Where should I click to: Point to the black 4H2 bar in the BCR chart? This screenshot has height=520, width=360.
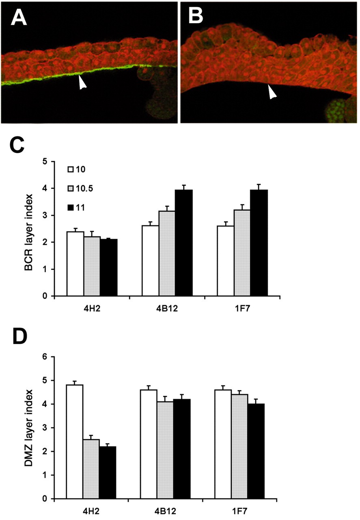[109, 268]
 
